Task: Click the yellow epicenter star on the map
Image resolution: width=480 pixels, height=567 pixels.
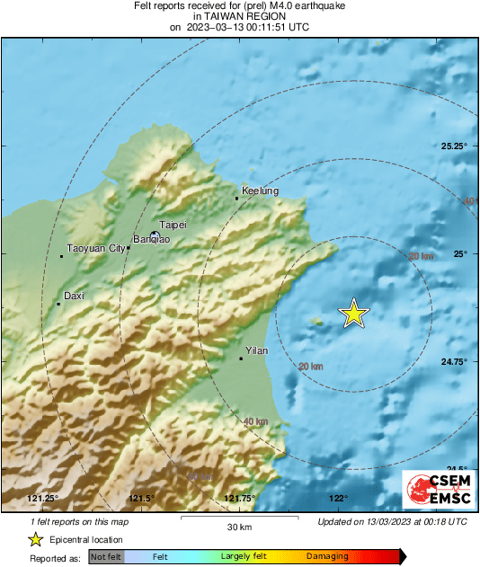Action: (x=354, y=313)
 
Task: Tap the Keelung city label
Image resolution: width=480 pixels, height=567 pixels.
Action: (x=261, y=191)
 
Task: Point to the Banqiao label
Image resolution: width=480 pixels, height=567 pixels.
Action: (x=150, y=241)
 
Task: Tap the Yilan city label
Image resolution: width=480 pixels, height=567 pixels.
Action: (x=258, y=351)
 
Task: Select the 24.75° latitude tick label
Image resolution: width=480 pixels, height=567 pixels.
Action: (x=454, y=362)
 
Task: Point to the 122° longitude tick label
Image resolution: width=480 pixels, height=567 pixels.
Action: (x=338, y=499)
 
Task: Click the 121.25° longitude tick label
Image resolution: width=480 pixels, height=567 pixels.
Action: (x=42, y=499)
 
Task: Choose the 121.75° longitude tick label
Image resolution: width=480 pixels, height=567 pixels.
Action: (x=240, y=499)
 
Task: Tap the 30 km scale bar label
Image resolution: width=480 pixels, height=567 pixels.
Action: (x=238, y=527)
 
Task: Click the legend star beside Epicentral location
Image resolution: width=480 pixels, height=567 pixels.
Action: (x=35, y=539)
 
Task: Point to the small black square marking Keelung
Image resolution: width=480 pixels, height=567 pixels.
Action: (x=236, y=199)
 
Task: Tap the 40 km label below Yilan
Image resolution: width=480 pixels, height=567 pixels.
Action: (x=256, y=421)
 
